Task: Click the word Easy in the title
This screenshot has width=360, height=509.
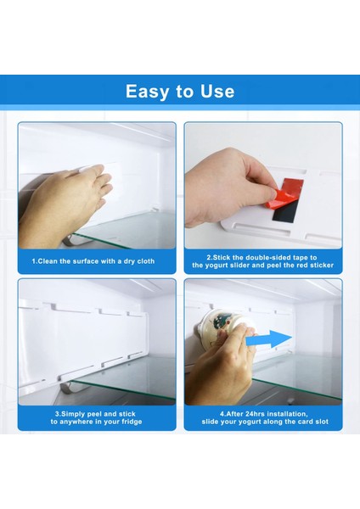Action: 147,92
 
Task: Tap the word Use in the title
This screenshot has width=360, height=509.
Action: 217,92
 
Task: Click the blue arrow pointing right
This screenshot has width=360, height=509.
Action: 269,339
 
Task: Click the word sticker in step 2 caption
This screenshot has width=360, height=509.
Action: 322,266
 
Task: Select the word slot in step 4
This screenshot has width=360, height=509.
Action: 321,422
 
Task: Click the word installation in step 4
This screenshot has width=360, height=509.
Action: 288,414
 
